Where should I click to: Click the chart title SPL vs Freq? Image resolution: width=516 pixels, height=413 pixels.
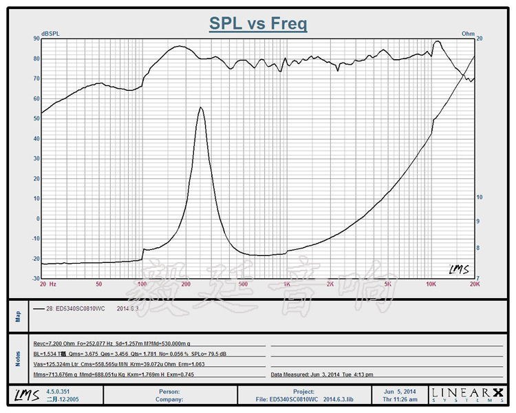click(x=258, y=24)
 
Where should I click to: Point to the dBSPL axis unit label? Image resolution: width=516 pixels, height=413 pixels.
click(x=50, y=33)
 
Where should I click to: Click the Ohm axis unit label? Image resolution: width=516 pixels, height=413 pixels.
click(x=468, y=33)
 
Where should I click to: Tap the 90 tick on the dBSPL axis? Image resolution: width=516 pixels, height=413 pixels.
click(x=36, y=39)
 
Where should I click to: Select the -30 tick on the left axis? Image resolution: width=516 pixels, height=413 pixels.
click(x=35, y=278)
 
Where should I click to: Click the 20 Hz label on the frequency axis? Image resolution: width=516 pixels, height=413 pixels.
click(x=47, y=284)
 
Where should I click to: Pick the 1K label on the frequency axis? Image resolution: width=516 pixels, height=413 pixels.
click(x=286, y=284)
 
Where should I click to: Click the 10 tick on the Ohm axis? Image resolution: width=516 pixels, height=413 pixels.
click(x=480, y=197)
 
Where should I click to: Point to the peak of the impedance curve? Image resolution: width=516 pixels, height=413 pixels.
click(x=200, y=107)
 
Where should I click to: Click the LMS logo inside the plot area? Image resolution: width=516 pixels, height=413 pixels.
click(x=458, y=268)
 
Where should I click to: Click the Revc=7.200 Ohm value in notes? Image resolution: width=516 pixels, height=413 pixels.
click(x=55, y=343)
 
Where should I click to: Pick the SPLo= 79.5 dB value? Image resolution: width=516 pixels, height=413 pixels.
click(x=230, y=354)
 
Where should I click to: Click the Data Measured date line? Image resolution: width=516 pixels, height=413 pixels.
click(x=322, y=374)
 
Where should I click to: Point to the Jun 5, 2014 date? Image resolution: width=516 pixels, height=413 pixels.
click(x=398, y=391)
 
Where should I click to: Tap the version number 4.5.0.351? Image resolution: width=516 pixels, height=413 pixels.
click(x=58, y=391)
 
